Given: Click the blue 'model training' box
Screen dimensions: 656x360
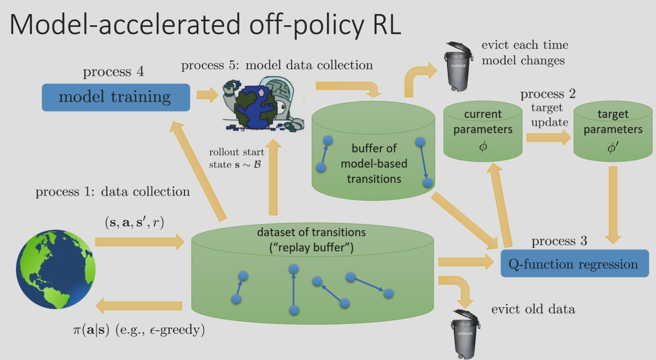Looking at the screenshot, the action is click(x=116, y=97).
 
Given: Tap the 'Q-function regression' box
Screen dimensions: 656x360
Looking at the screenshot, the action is click(x=575, y=263).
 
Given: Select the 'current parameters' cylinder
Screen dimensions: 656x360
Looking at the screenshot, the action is click(x=483, y=131).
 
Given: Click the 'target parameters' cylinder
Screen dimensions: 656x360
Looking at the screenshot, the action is click(x=613, y=131).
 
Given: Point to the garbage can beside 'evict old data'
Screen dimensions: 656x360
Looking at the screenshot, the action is click(x=465, y=334).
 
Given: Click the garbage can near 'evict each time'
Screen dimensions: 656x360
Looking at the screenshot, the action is click(x=458, y=66).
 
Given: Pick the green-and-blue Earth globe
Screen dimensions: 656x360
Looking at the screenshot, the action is click(x=56, y=269).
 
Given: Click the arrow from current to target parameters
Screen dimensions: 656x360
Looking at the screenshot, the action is click(x=549, y=137).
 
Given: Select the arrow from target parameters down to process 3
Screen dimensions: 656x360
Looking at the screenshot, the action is click(x=613, y=205).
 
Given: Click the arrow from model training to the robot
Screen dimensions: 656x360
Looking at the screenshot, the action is click(x=207, y=95).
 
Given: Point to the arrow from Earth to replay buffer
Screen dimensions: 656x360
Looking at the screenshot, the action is click(x=140, y=242).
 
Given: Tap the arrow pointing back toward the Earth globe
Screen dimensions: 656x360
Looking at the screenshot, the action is click(x=139, y=306).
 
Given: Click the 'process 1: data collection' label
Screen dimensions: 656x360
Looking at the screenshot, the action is click(x=113, y=192).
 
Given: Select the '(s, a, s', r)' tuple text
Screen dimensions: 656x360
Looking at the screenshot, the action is click(x=135, y=223).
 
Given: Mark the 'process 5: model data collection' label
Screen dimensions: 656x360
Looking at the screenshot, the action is click(x=277, y=65).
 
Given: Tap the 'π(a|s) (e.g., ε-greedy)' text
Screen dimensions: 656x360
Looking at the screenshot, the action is click(x=139, y=330).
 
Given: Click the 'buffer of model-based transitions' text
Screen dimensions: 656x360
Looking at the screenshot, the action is click(x=374, y=163).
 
